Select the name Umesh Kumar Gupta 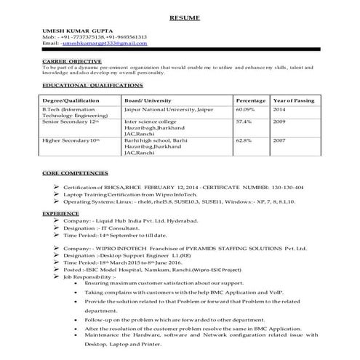[75, 28]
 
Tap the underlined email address [104, 42]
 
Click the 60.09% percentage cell [247, 108]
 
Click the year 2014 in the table [279, 108]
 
